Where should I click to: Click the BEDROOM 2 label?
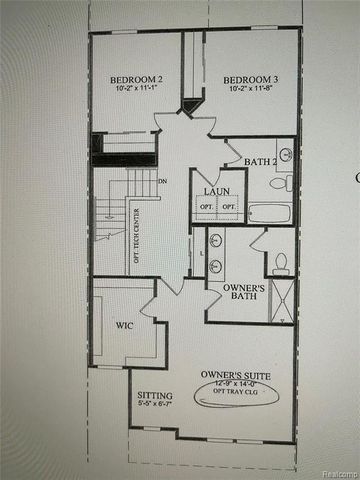pos(134,79)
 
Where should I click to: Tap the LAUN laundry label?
pos(218,190)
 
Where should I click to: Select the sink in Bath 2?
pos(285,155)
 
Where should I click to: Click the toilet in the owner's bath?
pos(281,263)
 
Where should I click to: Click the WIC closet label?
pos(124,325)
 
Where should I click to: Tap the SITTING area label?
pos(153,397)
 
